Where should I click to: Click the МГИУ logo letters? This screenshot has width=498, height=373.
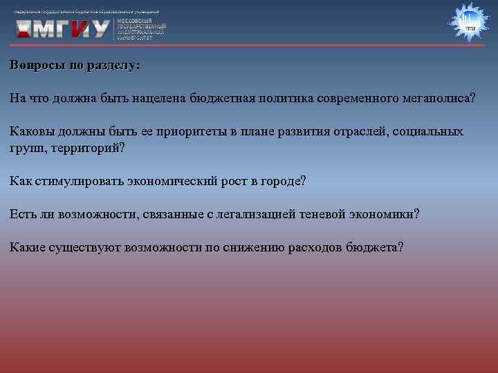[63, 28]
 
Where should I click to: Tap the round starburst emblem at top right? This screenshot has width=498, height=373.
[470, 23]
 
